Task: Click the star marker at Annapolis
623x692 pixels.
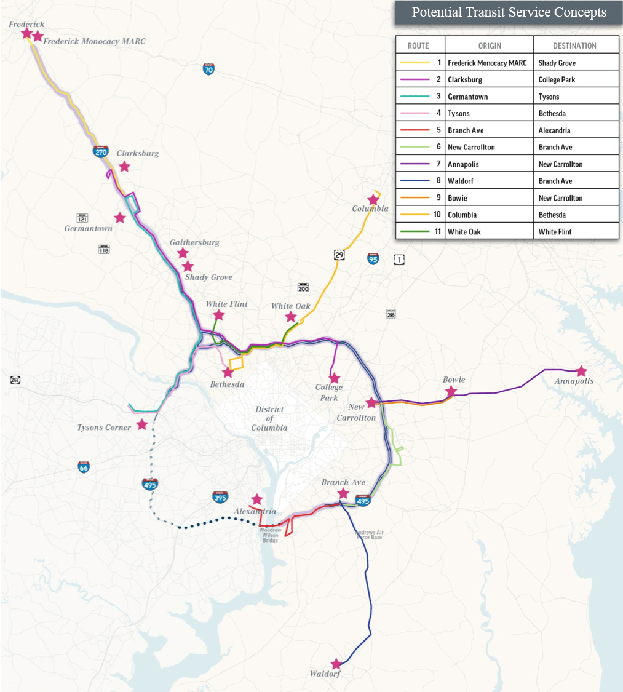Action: [581, 371]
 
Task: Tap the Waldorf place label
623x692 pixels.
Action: [325, 674]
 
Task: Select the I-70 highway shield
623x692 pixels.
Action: [209, 69]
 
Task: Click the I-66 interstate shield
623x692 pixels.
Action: [84, 467]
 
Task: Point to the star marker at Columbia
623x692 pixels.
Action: [373, 200]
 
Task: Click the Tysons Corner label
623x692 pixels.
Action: [104, 428]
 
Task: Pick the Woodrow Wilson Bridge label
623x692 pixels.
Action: [269, 535]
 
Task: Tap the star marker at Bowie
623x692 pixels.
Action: [451, 391]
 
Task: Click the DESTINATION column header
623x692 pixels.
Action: [574, 46]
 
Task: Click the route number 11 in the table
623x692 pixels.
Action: [437, 232]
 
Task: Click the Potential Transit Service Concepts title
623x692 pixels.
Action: [509, 12]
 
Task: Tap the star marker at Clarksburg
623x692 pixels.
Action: [124, 166]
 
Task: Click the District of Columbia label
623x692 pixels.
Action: [269, 418]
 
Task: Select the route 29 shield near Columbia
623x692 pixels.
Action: [338, 254]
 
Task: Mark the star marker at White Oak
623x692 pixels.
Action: [290, 317]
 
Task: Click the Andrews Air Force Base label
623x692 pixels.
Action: [369, 535]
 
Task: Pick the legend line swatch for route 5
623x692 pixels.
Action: [415, 130]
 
